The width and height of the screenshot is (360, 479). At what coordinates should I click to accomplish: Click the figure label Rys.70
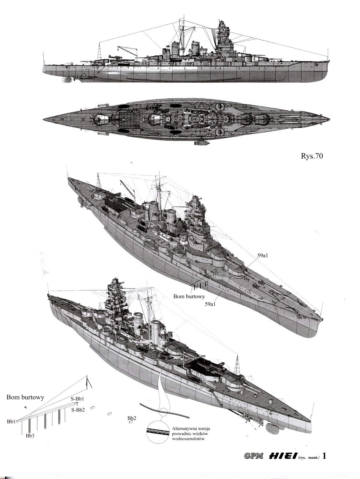[x=310, y=156]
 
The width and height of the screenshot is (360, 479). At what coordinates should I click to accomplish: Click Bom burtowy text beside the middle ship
[x=189, y=296]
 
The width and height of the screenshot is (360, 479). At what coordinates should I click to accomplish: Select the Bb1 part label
[x=11, y=422]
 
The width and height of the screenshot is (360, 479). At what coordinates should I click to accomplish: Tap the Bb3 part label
[x=30, y=436]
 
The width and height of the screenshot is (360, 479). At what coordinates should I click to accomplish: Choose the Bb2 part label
[x=132, y=418]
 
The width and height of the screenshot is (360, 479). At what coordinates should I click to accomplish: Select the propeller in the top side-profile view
[x=67, y=80]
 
